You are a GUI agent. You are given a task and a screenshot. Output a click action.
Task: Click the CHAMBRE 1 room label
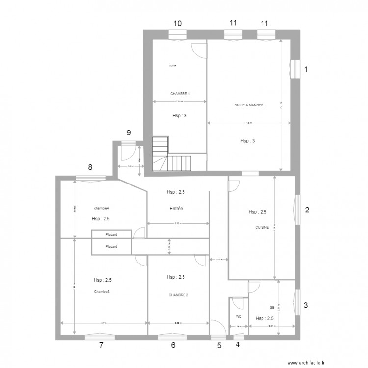point(180,93)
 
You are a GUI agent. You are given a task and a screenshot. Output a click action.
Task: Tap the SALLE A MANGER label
point(249,105)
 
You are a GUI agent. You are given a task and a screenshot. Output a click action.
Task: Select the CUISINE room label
point(262,227)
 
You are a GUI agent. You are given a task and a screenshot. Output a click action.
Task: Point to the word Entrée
point(177,209)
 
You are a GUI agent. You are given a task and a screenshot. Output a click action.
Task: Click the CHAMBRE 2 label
point(179,295)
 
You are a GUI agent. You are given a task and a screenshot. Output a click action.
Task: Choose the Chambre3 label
point(102,292)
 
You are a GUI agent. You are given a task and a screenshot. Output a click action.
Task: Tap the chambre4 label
point(102,208)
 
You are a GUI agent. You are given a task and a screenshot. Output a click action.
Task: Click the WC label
point(239,316)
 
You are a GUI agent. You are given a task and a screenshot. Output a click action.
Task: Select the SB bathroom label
point(272,308)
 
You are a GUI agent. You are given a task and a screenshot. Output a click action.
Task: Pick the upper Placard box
point(111,235)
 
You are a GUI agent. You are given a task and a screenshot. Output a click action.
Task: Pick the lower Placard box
point(111,246)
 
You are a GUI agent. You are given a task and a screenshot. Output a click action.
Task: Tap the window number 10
point(177,23)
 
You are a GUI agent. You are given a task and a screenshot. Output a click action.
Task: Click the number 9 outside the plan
point(129,132)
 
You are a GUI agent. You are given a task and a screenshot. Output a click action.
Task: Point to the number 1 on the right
point(307,70)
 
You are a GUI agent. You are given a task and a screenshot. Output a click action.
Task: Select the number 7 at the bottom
point(101,345)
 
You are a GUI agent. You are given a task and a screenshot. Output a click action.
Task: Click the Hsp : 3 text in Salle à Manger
point(247,141)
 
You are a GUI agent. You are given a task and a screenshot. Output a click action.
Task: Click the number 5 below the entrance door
point(219,345)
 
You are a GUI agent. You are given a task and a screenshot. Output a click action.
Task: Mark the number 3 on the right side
point(306,305)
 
